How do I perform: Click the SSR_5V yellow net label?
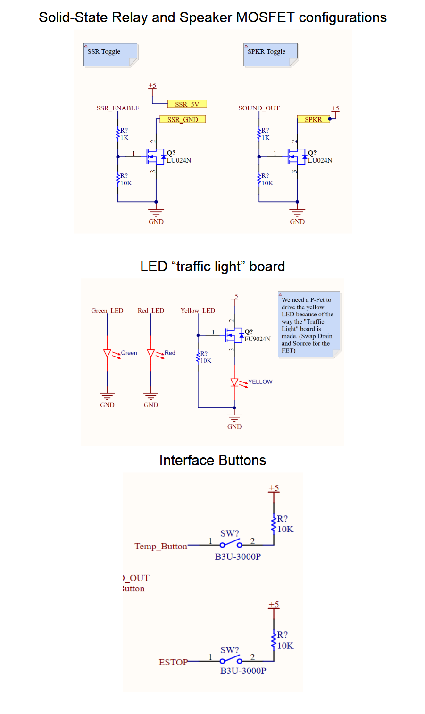pyautogui.click(x=187, y=104)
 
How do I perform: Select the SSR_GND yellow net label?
pyautogui.click(x=183, y=119)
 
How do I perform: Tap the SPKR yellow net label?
pyautogui.click(x=313, y=119)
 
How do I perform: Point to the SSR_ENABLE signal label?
pyautogui.click(x=118, y=108)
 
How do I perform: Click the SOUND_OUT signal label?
pyautogui.click(x=259, y=108)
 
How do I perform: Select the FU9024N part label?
pyautogui.click(x=258, y=339)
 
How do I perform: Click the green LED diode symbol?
pyautogui.click(x=107, y=353)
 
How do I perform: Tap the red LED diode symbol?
pyautogui.click(x=151, y=353)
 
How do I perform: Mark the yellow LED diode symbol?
pyautogui.click(x=234, y=382)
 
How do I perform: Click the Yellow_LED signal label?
pyautogui.click(x=198, y=311)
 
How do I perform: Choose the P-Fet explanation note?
pyautogui.click(x=308, y=325)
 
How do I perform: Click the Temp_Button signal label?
pyautogui.click(x=161, y=546)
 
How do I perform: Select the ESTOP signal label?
pyautogui.click(x=173, y=662)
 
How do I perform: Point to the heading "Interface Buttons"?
pyautogui.click(x=212, y=460)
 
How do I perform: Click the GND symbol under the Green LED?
pyautogui.click(x=107, y=396)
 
